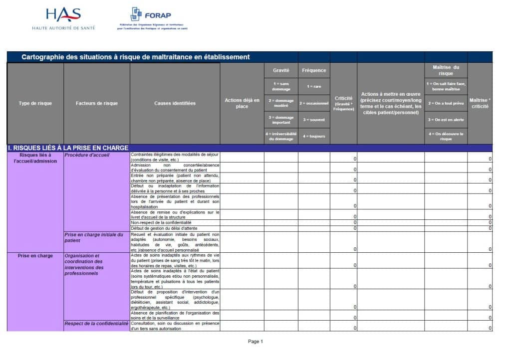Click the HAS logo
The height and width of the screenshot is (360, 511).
coord(63,19)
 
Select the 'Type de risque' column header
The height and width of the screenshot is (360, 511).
coord(35,103)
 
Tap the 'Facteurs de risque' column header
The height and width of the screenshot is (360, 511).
coord(97,103)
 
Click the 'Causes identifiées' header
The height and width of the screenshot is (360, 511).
coord(175,103)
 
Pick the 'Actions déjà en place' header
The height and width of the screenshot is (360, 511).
coord(242,103)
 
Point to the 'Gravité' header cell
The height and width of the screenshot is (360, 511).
coord(281,70)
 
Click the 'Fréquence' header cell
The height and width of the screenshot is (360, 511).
coord(314,70)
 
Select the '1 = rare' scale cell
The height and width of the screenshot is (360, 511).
coord(314,86)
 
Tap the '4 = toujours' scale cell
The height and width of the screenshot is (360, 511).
coord(314,136)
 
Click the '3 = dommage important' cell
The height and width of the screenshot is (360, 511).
coord(281,120)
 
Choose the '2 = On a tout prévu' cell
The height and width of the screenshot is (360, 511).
coord(446,103)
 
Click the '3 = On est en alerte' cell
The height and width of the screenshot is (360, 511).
coord(446,120)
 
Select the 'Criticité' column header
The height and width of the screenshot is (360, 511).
coord(343,103)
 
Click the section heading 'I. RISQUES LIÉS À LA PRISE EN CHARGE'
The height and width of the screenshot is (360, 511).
coord(68,148)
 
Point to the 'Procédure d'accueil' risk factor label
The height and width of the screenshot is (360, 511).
coord(87,155)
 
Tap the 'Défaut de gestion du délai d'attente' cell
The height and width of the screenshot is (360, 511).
coord(164,228)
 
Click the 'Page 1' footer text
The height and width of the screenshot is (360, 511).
coord(255,342)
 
